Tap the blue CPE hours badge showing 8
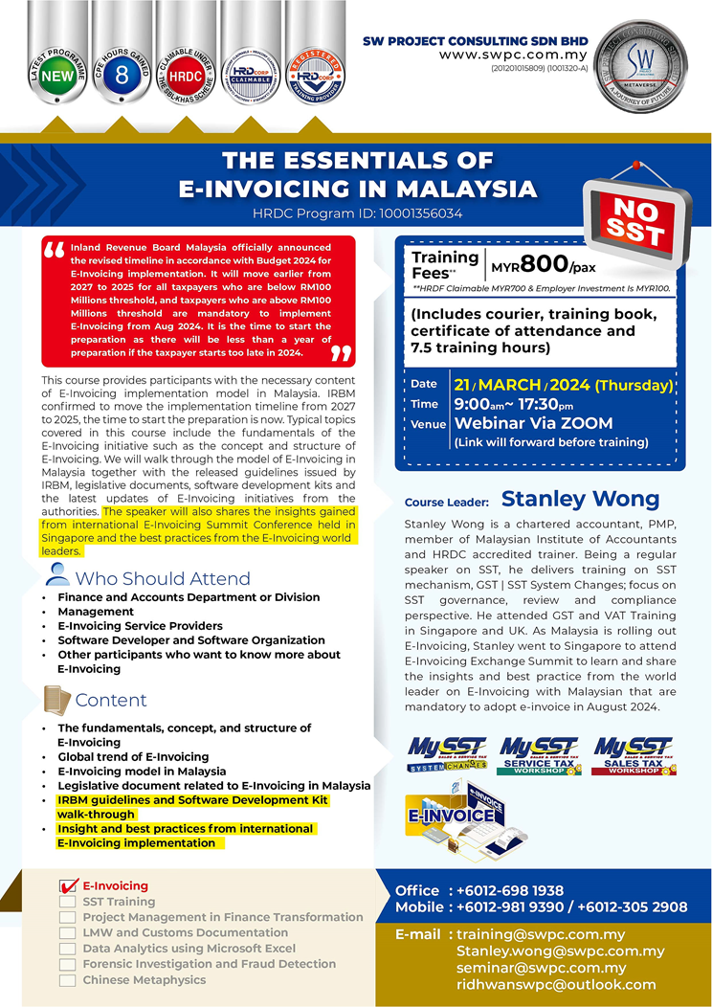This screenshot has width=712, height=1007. (121, 78)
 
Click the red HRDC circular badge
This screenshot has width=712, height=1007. (185, 78)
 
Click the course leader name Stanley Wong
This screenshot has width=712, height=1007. (580, 499)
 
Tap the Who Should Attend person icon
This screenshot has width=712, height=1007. (57, 575)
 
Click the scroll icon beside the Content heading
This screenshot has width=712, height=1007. (57, 700)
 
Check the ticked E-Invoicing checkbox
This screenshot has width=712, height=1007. (67, 886)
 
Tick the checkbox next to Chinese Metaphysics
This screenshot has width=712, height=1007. (67, 980)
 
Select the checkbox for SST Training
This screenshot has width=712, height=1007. (67, 902)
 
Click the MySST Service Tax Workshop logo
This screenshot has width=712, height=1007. (537, 755)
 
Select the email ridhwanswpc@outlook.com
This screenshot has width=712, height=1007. (556, 984)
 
